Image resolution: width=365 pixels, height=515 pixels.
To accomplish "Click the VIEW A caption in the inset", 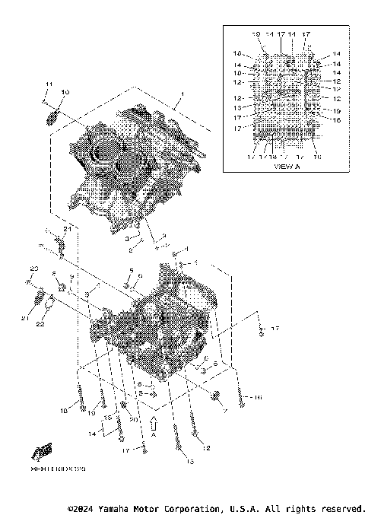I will (287, 165).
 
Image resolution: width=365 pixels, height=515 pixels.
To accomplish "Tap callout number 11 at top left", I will (46, 83).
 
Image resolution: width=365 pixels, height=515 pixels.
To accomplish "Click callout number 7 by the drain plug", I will (225, 410).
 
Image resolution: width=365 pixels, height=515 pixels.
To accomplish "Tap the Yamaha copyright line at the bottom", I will (217, 507).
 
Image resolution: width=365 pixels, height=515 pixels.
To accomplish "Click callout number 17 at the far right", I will (275, 329).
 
